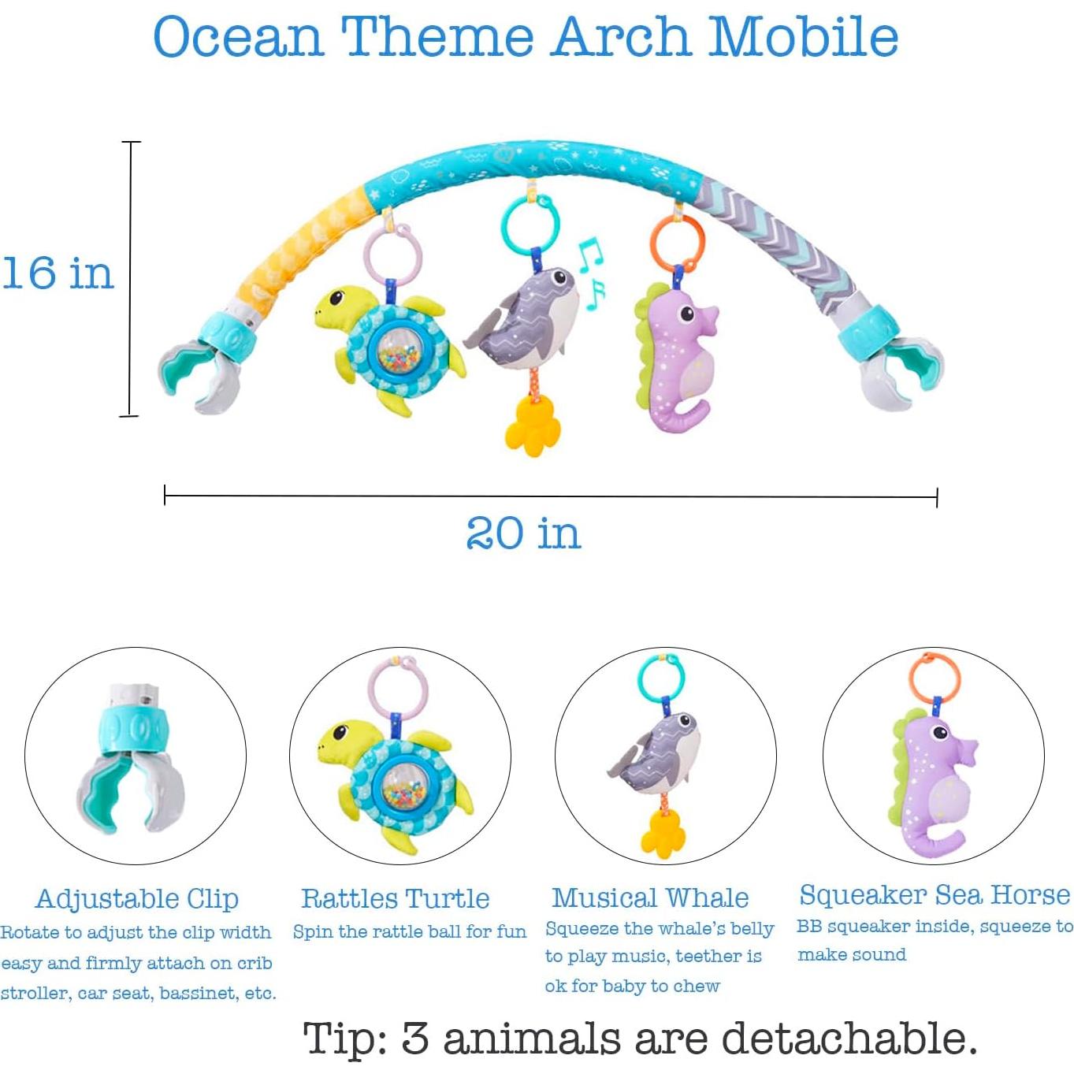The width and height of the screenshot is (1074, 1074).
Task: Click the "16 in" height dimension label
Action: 58,273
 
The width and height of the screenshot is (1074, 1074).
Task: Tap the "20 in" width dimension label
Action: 523,533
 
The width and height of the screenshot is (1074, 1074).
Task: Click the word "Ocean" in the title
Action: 238,37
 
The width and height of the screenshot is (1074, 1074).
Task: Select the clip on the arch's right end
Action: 894,366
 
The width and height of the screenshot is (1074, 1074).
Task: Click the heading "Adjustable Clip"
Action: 137,898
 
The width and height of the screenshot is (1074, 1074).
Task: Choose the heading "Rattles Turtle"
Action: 396,898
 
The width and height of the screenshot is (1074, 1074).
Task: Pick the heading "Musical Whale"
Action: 650,897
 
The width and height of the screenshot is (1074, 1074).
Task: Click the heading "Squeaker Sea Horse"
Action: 935,895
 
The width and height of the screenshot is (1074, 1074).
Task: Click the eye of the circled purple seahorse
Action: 939,733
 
